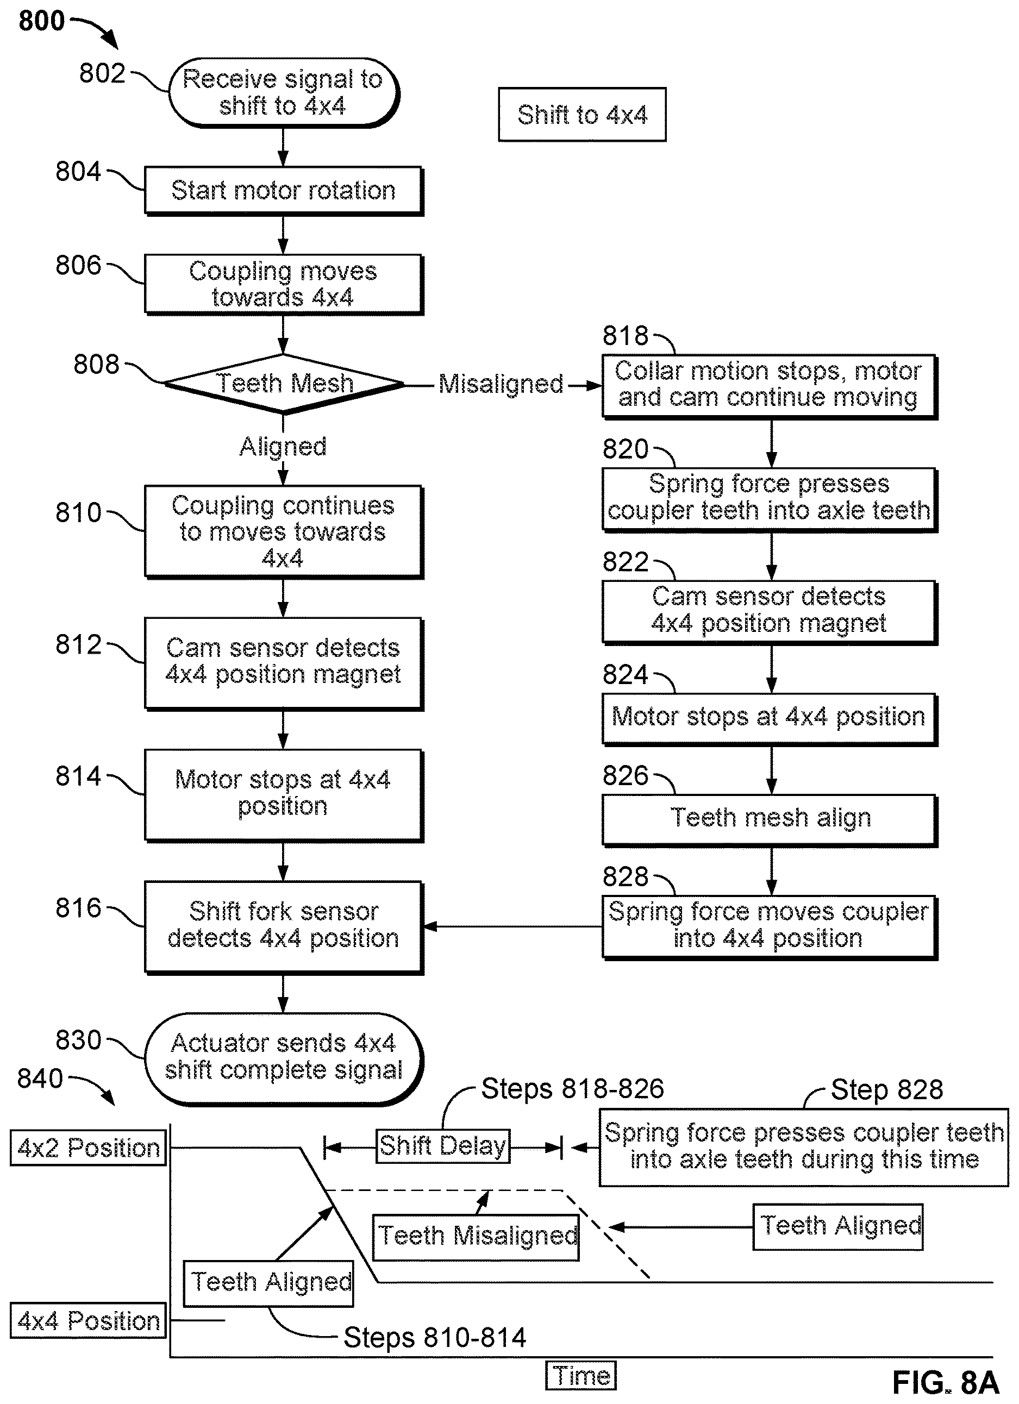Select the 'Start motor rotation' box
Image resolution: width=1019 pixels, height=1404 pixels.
pyautogui.click(x=284, y=191)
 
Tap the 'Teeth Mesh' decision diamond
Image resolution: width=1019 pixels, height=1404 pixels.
pyautogui.click(x=284, y=384)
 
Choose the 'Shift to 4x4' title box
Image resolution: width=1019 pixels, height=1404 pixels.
pyautogui.click(x=582, y=115)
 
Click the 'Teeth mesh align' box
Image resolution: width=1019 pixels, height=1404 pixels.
pyautogui.click(x=770, y=819)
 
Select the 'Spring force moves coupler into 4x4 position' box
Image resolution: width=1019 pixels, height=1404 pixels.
pyautogui.click(x=770, y=927)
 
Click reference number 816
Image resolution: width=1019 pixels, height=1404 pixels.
pyautogui.click(x=78, y=908)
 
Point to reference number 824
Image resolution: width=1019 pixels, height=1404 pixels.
pyautogui.click(x=626, y=675)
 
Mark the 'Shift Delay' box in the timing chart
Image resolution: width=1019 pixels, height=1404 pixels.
pyautogui.click(x=442, y=1146)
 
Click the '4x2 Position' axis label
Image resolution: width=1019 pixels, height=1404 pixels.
pyautogui.click(x=89, y=1148)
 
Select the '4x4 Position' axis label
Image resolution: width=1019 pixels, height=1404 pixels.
pyautogui.click(x=89, y=1320)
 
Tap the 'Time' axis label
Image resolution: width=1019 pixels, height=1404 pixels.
pyautogui.click(x=580, y=1376)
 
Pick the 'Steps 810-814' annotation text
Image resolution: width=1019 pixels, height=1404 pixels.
pyautogui.click(x=435, y=1338)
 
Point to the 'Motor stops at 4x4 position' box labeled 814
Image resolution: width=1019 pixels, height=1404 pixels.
pyautogui.click(x=284, y=795)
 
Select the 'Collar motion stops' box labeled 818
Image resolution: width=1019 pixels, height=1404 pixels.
pyautogui.click(x=770, y=386)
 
